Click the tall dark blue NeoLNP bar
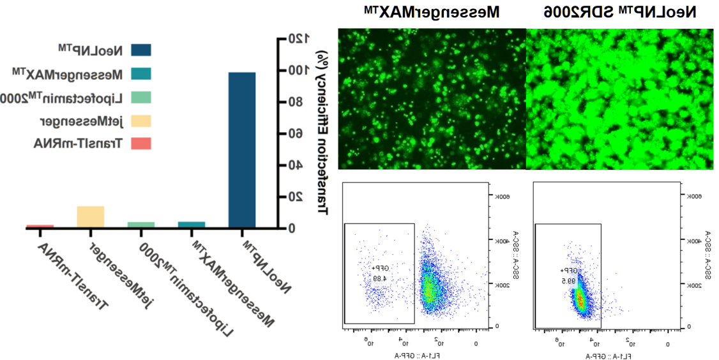241,150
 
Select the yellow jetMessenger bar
90,217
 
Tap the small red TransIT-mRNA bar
40,226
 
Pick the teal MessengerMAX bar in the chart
192,224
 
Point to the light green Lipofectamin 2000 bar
141,224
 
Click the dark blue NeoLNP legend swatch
141,50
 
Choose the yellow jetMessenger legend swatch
141,121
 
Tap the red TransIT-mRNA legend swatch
141,144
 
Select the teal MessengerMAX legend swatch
141,74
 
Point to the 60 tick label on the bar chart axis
294,133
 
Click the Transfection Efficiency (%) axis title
322,133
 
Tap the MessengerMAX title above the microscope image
432,11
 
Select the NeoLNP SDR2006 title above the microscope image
619,11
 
